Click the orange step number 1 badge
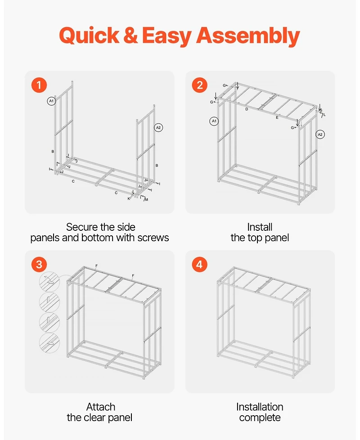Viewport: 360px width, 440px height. point(39,85)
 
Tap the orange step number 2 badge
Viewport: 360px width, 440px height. point(199,85)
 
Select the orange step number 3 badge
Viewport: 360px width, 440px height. point(39,265)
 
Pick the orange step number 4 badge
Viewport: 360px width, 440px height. point(199,265)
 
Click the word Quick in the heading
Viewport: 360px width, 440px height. point(89,36)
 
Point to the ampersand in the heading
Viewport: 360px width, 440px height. point(130,36)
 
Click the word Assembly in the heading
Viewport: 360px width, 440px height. point(248,36)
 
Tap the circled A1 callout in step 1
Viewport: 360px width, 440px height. point(51,101)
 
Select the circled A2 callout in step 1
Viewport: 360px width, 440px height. point(158,128)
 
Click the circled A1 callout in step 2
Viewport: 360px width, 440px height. point(214,121)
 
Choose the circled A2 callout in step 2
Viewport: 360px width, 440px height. point(320,135)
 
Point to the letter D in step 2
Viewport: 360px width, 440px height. point(247,109)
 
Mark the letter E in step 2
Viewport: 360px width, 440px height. point(277,117)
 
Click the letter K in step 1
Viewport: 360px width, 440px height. point(129,199)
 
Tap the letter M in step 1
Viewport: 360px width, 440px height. point(147,199)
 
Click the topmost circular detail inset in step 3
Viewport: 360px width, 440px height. point(49,282)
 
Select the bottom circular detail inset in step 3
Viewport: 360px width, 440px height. point(49,343)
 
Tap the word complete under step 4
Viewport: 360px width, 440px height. point(260,418)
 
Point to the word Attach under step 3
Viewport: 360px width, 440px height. point(100,407)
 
